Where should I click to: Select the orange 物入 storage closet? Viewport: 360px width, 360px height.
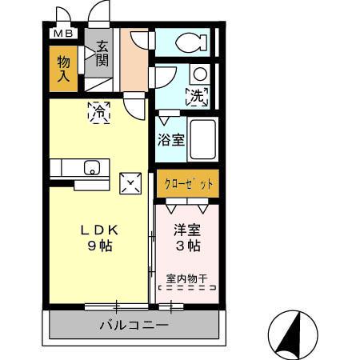(65, 70)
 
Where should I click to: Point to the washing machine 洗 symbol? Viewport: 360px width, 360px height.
(196, 97)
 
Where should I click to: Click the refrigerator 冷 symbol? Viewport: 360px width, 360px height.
(98, 112)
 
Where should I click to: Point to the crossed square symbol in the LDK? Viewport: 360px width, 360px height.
(130, 183)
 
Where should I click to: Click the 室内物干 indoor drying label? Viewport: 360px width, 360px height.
(186, 279)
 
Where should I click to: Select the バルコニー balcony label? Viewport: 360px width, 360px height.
(134, 326)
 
